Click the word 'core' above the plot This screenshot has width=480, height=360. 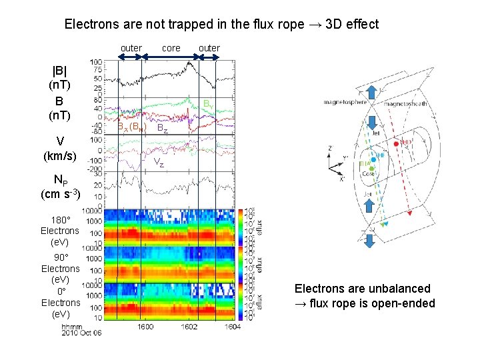tap(171, 48)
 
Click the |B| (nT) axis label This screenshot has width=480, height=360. tap(59, 77)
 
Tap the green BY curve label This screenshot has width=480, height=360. tap(209, 104)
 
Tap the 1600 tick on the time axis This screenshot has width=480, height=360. tap(146, 327)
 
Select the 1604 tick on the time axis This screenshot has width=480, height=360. tap(231, 327)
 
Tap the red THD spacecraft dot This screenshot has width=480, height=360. tap(396, 143)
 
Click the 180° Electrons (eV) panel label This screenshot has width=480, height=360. tap(60, 231)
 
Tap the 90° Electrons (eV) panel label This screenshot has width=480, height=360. tap(60, 269)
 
